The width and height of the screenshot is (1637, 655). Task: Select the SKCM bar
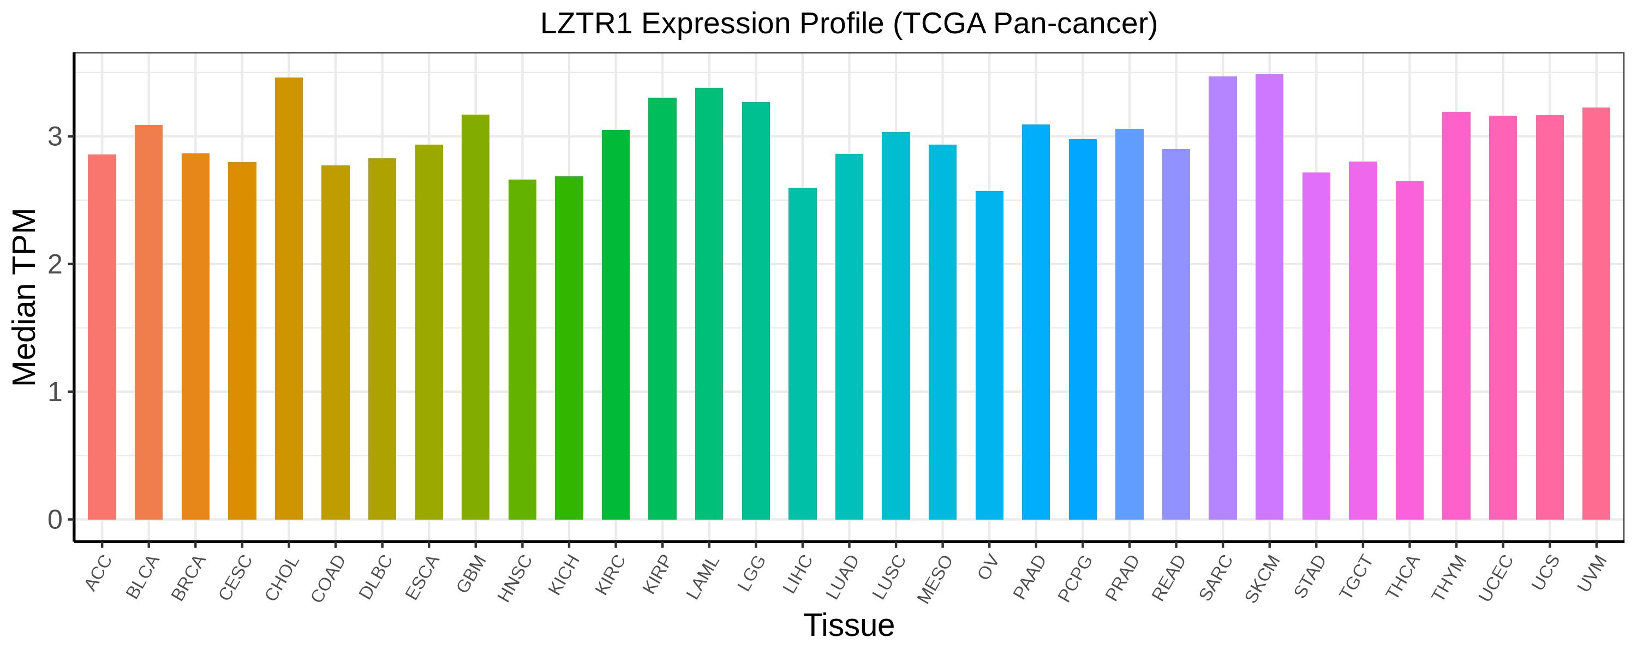coord(1269,297)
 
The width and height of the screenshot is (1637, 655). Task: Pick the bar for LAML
coord(709,303)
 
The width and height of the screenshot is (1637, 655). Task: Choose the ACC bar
coord(101,337)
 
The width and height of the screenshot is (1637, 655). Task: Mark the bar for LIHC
coord(802,354)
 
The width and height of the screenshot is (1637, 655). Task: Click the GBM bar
coord(475,317)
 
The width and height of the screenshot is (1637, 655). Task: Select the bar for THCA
coord(1409,350)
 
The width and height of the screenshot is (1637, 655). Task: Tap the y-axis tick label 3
coord(55,138)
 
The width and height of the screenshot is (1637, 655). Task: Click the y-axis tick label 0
coord(55,520)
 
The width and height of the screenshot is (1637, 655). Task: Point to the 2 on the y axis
coord(55,265)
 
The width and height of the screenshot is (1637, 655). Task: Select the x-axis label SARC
coord(1216,577)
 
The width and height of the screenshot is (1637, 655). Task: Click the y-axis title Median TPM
coord(26,297)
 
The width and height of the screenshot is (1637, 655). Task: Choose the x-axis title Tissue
coord(849,626)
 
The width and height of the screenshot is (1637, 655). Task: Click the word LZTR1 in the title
coord(586,24)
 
